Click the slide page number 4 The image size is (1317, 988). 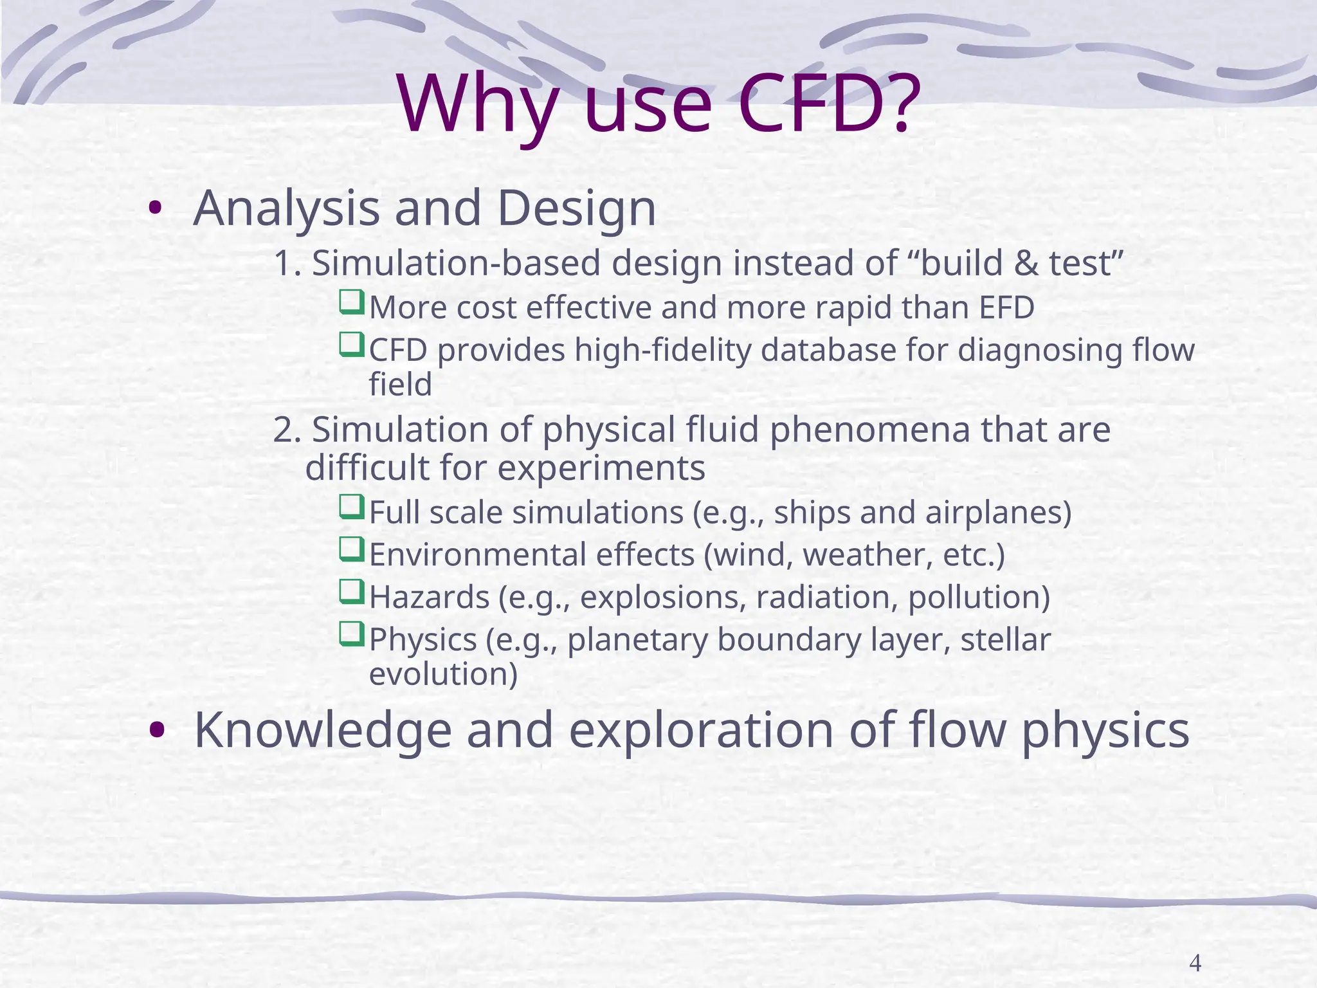tap(1195, 963)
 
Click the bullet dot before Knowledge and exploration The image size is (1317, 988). tap(156, 731)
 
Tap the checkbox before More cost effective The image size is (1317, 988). tap(351, 302)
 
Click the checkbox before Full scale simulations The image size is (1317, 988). tap(351, 507)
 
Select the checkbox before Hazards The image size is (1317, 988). tap(351, 591)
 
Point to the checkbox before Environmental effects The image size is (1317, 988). tap(351, 549)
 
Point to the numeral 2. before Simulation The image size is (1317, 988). tap(287, 430)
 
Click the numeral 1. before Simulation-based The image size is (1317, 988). tap(287, 264)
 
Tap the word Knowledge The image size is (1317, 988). tap(323, 731)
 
